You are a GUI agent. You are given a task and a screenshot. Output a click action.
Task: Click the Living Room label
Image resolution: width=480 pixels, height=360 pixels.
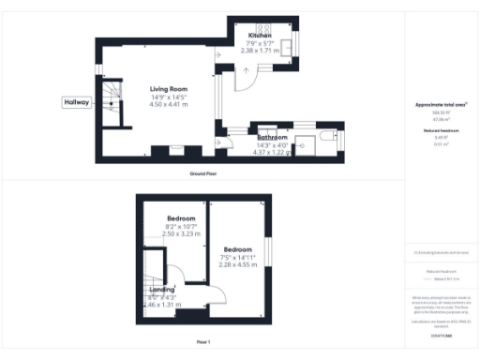point(170,89)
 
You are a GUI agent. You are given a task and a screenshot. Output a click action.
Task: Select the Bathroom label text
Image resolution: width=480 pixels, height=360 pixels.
point(273,138)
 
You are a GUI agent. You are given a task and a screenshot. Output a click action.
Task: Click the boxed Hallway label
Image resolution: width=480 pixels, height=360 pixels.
point(76,102)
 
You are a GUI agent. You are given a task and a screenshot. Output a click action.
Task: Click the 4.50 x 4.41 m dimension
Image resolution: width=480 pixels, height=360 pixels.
point(170,105)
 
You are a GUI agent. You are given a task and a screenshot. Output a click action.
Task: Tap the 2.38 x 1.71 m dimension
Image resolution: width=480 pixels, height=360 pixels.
point(260,51)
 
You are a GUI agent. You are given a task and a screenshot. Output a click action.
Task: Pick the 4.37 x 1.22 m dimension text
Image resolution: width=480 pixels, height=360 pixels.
point(273,152)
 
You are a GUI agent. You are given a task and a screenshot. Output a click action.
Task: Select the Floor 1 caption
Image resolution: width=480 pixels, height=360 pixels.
point(202,341)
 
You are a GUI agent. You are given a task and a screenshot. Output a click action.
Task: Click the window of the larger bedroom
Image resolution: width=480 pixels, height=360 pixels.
point(266,251)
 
